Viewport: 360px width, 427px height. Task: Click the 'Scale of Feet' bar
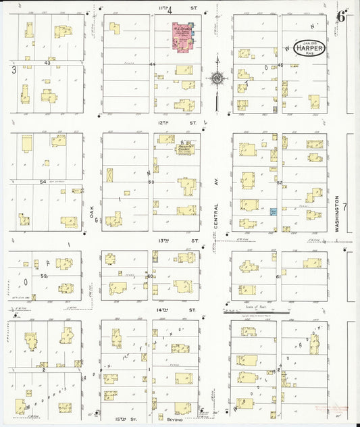coord(256,312)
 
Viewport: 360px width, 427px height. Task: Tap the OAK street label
coord(91,210)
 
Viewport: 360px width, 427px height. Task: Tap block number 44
coord(152,64)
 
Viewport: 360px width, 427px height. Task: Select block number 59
coord(44,276)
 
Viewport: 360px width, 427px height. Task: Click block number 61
coord(278,276)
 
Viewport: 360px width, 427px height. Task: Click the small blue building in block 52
coord(274,211)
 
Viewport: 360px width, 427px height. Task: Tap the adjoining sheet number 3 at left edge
coord(13,70)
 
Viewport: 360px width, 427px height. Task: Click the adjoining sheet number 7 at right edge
coord(344,206)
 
